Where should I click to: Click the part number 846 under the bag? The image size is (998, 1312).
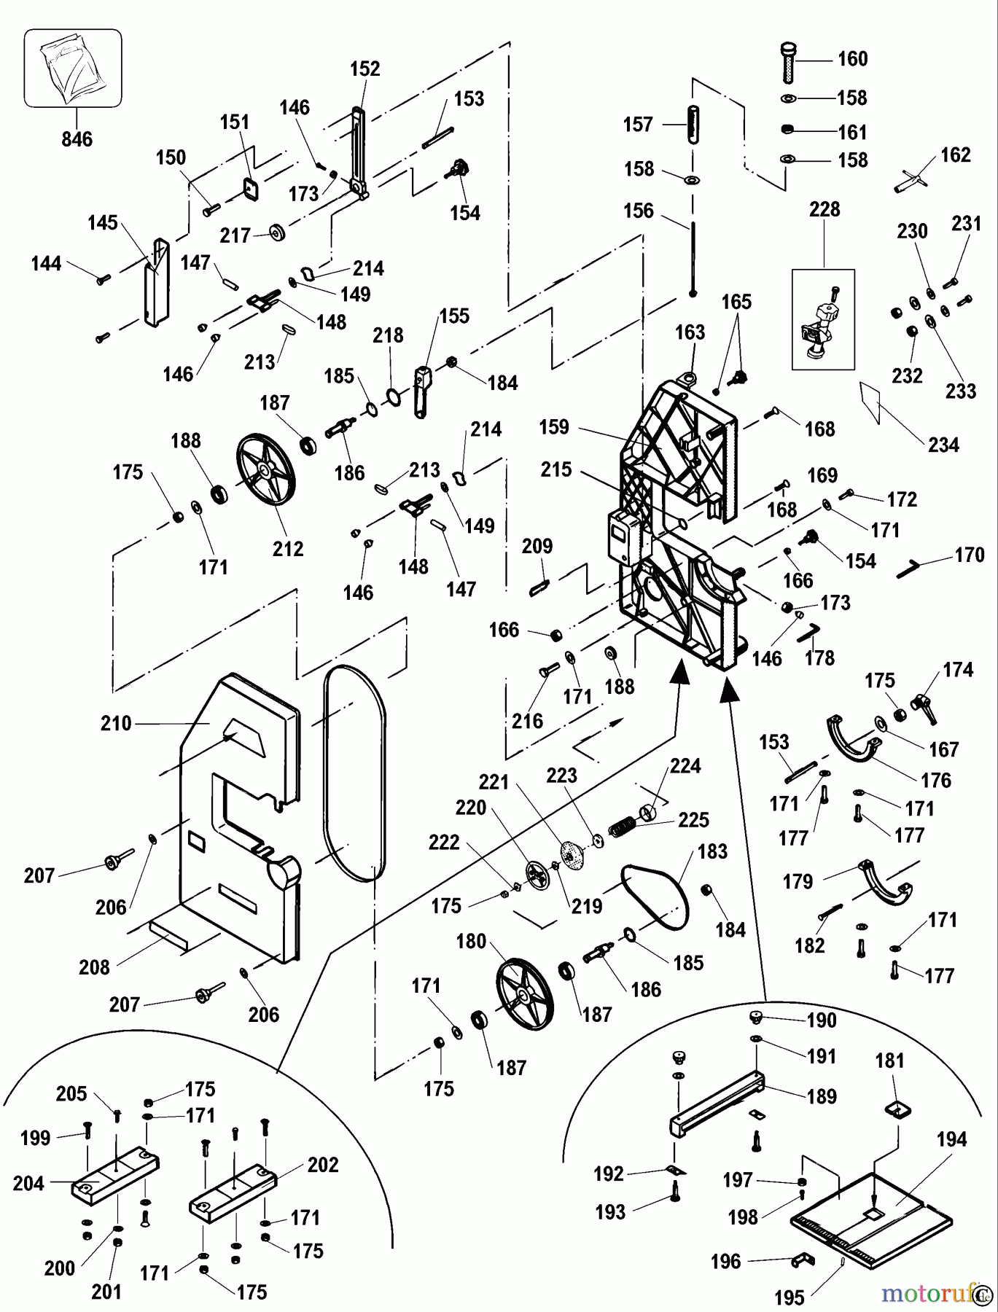(x=77, y=138)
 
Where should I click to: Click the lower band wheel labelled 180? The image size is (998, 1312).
(x=524, y=992)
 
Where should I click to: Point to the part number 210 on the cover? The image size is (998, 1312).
(x=117, y=724)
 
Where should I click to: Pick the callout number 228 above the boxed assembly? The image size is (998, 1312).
(x=824, y=210)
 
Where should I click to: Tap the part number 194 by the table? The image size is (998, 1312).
(x=952, y=1139)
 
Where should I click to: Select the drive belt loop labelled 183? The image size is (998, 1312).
(x=654, y=896)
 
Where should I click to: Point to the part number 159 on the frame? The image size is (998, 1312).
(x=554, y=427)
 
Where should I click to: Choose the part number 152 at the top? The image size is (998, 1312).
(x=365, y=69)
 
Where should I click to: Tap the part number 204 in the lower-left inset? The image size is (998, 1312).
(x=29, y=1184)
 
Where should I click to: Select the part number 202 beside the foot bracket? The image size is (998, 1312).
(x=324, y=1165)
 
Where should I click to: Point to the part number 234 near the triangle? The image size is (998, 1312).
(x=943, y=445)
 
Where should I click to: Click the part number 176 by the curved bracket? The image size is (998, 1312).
(x=936, y=781)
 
